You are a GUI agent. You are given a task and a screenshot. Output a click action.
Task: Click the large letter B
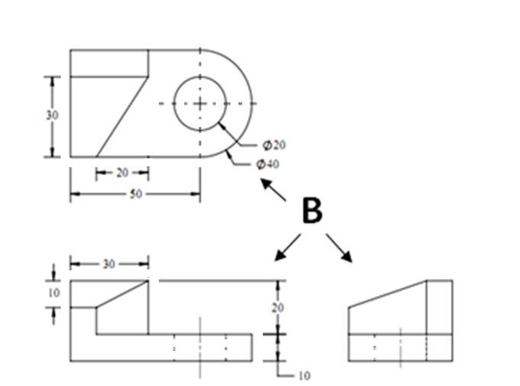pyautogui.click(x=312, y=211)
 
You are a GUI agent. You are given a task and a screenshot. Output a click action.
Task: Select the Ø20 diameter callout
pyautogui.click(x=273, y=144)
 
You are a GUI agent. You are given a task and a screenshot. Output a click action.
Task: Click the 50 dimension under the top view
pyautogui.click(x=135, y=194)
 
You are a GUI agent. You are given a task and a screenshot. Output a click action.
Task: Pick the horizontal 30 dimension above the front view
pyautogui.click(x=109, y=264)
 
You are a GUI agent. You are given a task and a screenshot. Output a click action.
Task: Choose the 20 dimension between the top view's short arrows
pyautogui.click(x=122, y=173)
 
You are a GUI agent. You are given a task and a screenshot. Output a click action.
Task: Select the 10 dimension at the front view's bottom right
pyautogui.click(x=303, y=375)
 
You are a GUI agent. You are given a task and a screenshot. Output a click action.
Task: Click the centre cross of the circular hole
pyautogui.click(x=200, y=103)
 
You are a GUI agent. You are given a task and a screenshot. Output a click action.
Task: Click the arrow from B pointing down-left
pyautogui.click(x=287, y=248)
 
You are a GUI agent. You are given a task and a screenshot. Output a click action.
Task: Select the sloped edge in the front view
pyautogui.click(x=122, y=294)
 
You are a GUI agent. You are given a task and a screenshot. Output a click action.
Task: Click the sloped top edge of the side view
pyautogui.click(x=386, y=294)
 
